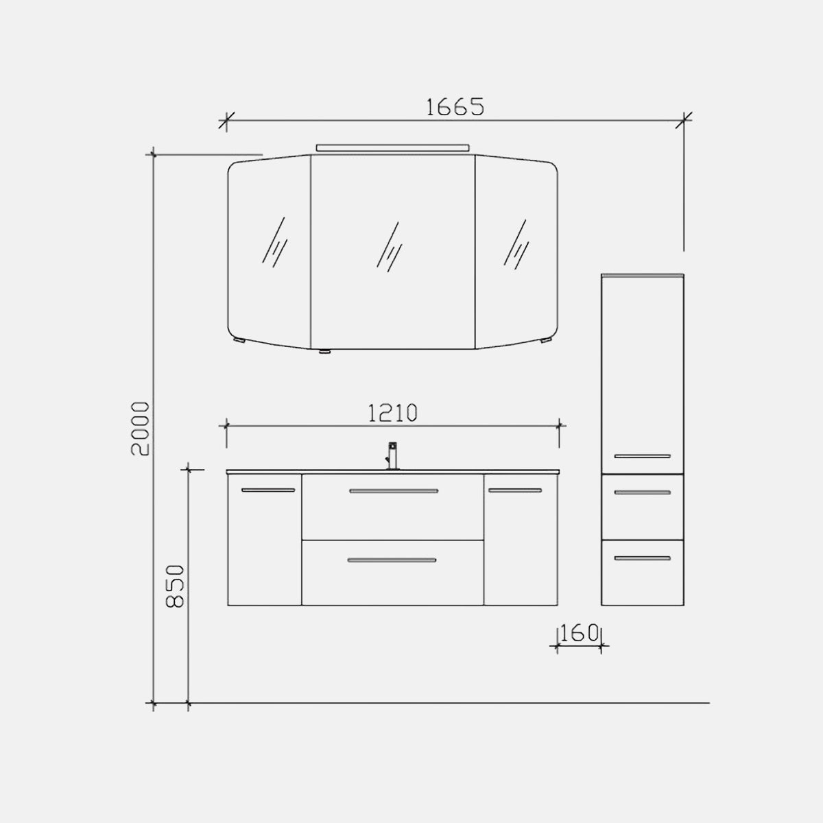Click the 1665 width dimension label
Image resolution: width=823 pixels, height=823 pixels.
click(x=455, y=107)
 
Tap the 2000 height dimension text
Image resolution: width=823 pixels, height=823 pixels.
click(x=141, y=429)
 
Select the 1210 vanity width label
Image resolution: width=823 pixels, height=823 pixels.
click(x=392, y=413)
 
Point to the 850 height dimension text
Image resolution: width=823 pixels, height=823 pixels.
click(x=175, y=586)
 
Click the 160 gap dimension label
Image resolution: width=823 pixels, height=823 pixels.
click(x=579, y=633)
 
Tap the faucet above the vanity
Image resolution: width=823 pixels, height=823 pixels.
click(x=392, y=455)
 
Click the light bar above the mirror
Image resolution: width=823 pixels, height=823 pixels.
click(x=392, y=147)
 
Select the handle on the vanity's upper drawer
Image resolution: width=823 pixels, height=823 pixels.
click(x=394, y=491)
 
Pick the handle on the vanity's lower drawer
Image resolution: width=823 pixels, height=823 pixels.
click(x=392, y=560)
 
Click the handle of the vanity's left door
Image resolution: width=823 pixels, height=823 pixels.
click(x=268, y=490)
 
